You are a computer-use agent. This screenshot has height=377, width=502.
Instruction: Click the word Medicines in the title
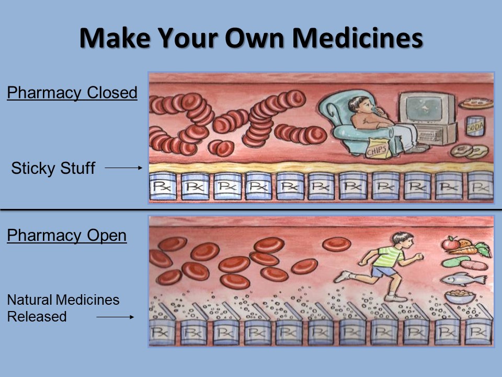[x=358, y=38]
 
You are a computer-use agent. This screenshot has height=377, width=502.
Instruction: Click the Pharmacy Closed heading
[x=72, y=93]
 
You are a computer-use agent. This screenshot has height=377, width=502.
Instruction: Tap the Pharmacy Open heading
[x=66, y=236]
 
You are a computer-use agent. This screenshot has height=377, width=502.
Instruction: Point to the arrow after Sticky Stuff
[x=123, y=168]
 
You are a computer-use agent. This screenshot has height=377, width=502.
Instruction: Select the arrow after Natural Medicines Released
[x=115, y=317]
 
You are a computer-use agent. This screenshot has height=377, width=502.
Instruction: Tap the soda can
[x=475, y=126]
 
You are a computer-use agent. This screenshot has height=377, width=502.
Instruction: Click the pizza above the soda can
[x=476, y=103]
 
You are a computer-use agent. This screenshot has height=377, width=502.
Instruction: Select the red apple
[x=451, y=243]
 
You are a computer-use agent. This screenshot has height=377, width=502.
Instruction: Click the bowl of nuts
[x=460, y=296]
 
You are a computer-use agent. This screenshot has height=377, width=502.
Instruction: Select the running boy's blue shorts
[x=384, y=272]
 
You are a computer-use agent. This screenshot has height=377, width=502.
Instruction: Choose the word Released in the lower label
[x=37, y=317]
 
